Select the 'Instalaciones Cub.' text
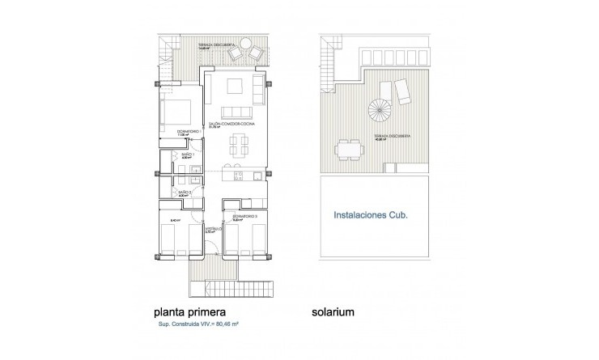(x=372, y=216)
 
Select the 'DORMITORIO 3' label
(x=244, y=217)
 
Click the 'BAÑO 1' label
(x=188, y=156)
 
